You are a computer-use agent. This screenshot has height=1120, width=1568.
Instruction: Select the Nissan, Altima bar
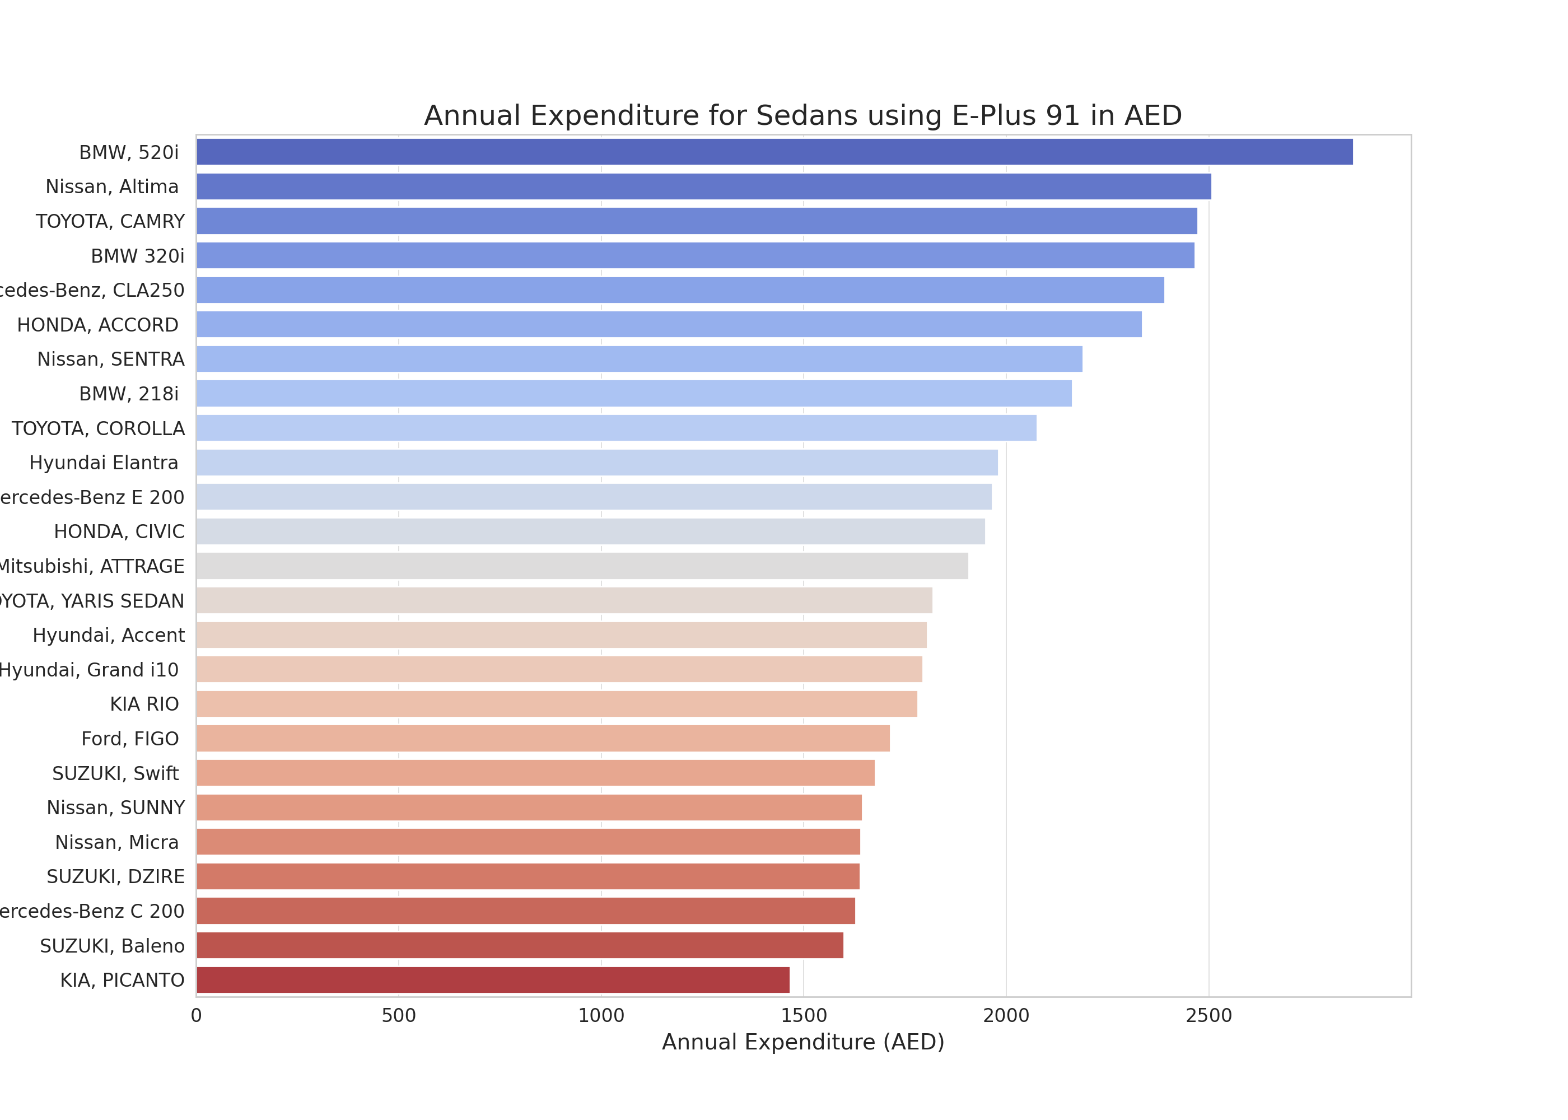(x=703, y=186)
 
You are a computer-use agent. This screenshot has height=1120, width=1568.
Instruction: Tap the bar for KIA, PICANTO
(x=492, y=980)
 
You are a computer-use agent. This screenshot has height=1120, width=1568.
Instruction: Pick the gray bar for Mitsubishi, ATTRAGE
(x=582, y=566)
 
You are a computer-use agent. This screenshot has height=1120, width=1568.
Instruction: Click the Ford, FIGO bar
(x=543, y=738)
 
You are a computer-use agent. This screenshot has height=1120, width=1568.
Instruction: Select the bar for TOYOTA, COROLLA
(x=616, y=428)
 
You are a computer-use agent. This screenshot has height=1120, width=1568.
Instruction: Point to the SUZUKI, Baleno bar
(x=519, y=945)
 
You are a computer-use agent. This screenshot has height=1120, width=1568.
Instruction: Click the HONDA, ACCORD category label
(x=97, y=325)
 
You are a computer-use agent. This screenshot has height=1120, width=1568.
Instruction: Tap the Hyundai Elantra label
(x=104, y=463)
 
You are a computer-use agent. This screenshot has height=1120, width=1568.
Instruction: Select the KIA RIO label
(x=144, y=704)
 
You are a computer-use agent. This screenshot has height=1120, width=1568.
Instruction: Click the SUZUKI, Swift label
(x=115, y=773)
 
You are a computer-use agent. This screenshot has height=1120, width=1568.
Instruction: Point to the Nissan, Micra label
(x=116, y=842)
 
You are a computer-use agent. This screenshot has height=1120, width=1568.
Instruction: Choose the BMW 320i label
(x=137, y=256)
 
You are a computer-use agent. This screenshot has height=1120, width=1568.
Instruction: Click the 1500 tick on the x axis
(x=803, y=1015)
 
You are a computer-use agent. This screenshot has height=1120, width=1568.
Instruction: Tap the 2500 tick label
(x=1208, y=1015)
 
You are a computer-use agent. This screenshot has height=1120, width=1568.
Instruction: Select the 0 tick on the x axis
(x=197, y=1015)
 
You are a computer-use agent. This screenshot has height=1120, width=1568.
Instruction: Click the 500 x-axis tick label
(x=399, y=1015)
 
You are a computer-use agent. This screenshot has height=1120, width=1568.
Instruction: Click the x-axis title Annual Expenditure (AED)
(x=802, y=1042)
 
